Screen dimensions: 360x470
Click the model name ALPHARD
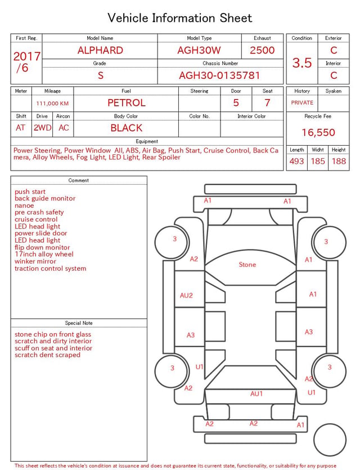100,50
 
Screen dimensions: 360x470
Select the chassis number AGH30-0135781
219,75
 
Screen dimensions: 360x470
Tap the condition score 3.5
302,63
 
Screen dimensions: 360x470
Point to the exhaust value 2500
262,50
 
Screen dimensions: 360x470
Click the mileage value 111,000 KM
52,104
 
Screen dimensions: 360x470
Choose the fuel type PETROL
127,103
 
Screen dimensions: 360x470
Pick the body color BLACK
127,128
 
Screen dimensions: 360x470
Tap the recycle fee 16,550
318,132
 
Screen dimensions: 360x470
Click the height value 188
339,161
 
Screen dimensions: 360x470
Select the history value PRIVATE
302,103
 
